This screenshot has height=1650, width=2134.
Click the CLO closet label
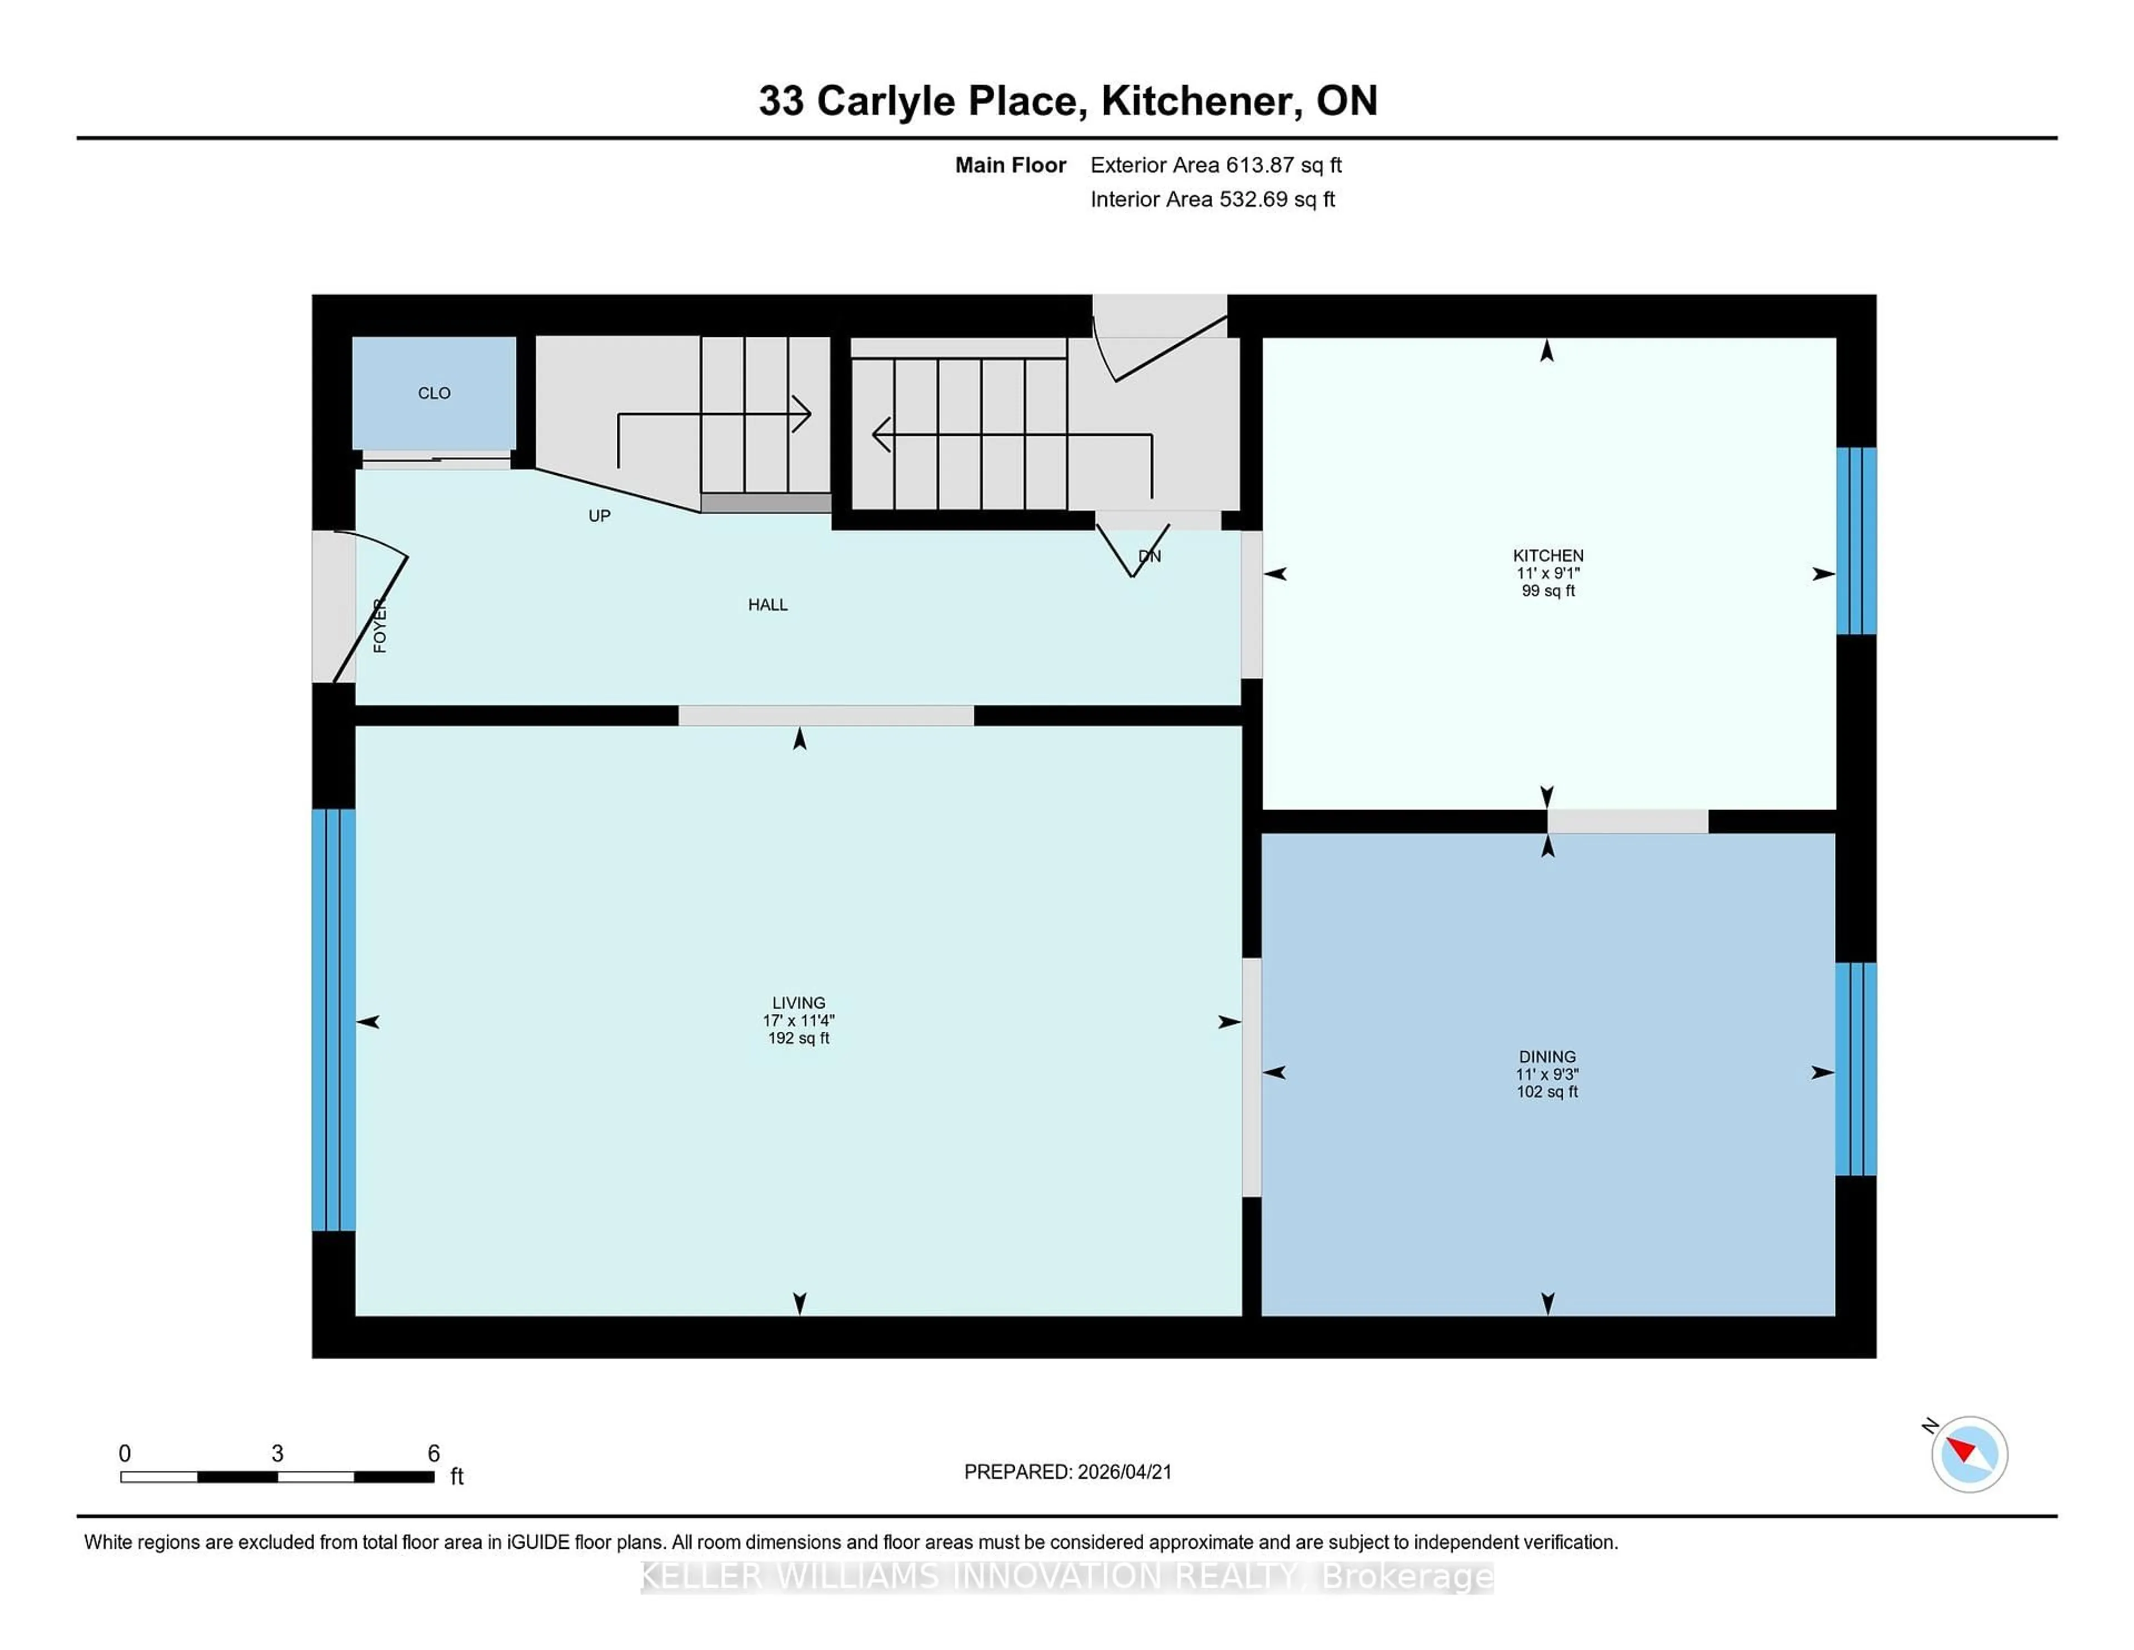[x=434, y=393]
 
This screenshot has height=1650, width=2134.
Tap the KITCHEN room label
[x=1548, y=555]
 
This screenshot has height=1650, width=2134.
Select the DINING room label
[x=1547, y=1057]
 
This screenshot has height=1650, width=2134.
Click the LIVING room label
[x=798, y=1003]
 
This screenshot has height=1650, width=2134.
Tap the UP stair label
[x=599, y=516]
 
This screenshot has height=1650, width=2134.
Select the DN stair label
[x=1149, y=556]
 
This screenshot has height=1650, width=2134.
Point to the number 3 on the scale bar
[x=277, y=1454]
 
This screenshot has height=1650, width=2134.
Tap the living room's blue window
[x=333, y=1020]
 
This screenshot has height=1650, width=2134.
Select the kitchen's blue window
[x=1856, y=540]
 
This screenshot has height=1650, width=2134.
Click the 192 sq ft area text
[x=798, y=1038]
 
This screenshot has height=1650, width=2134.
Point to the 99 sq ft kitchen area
[x=1548, y=590]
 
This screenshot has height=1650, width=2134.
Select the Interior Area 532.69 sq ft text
[x=1211, y=200]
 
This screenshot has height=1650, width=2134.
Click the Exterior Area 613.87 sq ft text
[x=1215, y=165]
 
